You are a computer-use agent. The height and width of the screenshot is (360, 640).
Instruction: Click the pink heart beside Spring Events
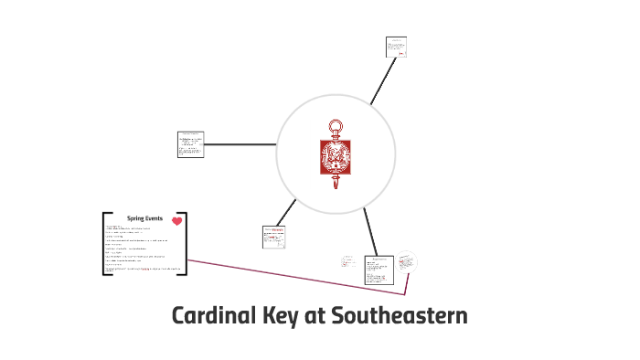[x=176, y=220]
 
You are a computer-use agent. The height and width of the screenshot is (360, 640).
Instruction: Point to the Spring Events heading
[x=144, y=219]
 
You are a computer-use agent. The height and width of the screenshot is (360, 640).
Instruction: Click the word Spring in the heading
[x=135, y=219]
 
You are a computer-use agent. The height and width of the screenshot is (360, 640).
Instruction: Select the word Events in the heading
[x=154, y=219]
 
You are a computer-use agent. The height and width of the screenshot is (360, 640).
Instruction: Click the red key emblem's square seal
[x=335, y=156]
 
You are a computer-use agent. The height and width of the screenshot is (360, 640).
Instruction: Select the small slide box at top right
[x=396, y=47]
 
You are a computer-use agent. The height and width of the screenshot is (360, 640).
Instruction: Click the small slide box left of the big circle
[x=190, y=144]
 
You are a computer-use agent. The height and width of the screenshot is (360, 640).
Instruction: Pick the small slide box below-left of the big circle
[x=274, y=236]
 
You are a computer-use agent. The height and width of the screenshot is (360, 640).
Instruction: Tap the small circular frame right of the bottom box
[x=407, y=262]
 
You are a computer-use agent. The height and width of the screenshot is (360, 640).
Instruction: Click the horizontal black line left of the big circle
[x=240, y=144]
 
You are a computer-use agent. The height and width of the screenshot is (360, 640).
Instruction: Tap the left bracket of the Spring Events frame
[x=104, y=243]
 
